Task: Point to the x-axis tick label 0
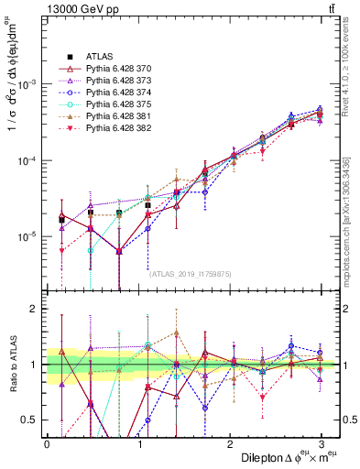coord(47,442)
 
